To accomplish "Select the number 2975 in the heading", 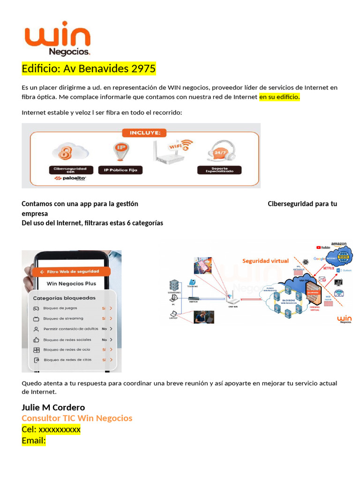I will (x=143, y=69).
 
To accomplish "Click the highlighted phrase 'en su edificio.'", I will (x=279, y=97).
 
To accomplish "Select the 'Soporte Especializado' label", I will (x=219, y=170).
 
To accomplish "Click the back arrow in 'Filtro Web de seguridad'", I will (x=42, y=271).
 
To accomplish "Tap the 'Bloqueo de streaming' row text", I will (x=63, y=319).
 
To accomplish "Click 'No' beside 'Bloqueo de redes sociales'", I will (x=104, y=339).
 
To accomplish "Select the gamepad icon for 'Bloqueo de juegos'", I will (x=36, y=308).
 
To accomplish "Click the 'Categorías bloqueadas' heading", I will (x=64, y=298).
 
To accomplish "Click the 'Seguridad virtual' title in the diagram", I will (x=265, y=261).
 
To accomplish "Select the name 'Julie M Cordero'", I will (x=53, y=407).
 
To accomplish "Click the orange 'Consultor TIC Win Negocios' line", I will (x=77, y=418).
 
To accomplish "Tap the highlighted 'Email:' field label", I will (x=34, y=441).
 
